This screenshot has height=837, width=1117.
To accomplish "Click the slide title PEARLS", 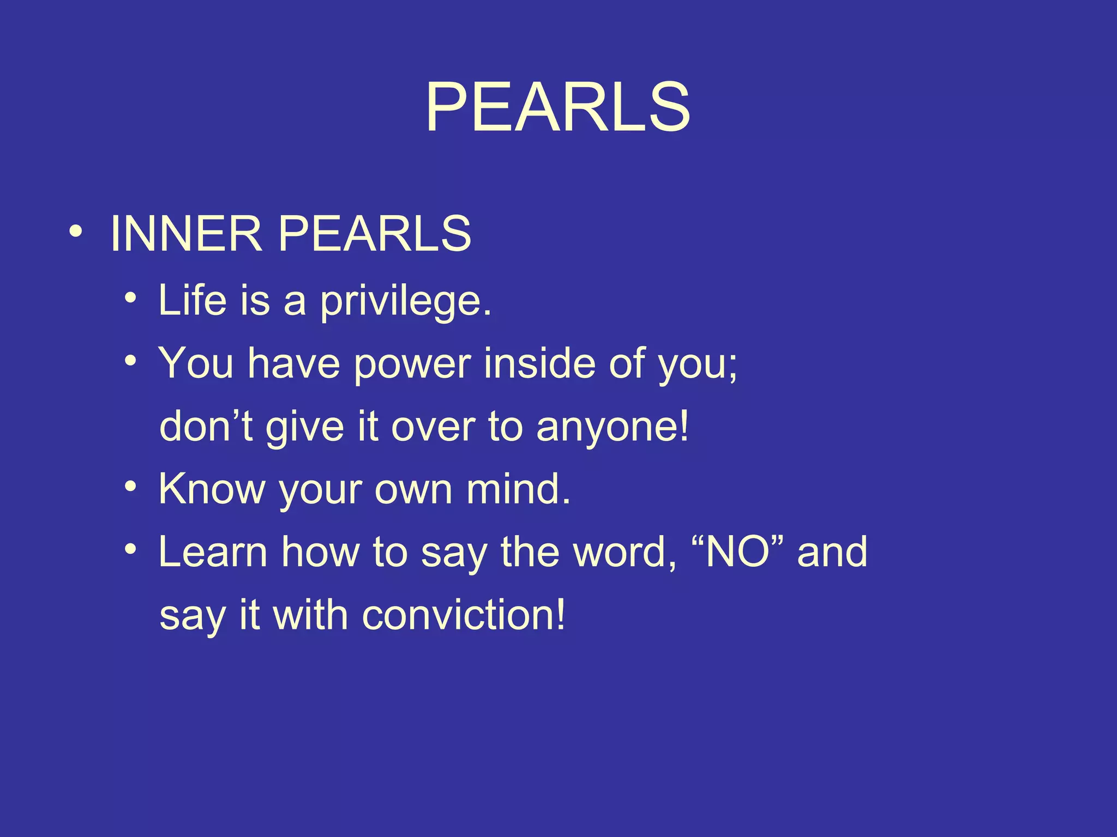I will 557,107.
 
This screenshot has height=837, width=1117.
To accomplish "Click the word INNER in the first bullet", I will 186,234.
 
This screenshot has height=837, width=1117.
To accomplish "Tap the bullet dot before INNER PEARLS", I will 76,231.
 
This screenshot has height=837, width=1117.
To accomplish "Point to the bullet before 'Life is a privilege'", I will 130,298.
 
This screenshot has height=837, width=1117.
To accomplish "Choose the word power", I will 412,364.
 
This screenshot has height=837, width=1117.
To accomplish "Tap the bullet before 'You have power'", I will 130,361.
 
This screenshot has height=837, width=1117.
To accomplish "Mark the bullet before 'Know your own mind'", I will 130,486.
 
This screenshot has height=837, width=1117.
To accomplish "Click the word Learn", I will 213,552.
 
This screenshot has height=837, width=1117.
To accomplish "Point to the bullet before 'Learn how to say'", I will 130,549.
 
